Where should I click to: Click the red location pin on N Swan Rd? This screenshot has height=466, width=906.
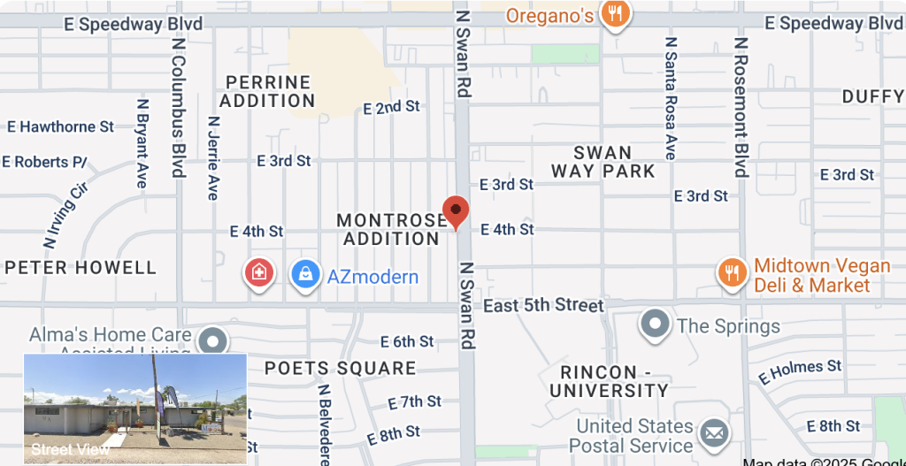point(456,211)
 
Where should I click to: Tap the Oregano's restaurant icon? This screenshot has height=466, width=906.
point(614,13)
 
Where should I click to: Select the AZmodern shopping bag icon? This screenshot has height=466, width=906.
point(305,274)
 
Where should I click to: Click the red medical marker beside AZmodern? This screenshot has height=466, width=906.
point(259,272)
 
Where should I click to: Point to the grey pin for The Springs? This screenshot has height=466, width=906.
point(655,325)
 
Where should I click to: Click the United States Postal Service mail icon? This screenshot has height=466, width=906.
point(713,433)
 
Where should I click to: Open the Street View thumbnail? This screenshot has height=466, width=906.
point(134,407)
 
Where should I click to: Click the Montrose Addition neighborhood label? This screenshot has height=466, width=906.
point(392,229)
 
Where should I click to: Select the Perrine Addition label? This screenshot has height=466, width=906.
point(267,91)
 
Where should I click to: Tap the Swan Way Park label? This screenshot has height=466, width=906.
point(603,162)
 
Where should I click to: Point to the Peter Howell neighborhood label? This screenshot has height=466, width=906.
point(81,267)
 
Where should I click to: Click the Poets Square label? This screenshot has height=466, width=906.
point(340,368)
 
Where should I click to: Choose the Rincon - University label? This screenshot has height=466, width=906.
point(610,381)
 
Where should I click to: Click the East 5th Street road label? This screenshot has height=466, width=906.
point(543,305)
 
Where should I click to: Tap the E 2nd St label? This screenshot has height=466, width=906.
point(392,108)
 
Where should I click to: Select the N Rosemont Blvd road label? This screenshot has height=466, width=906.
point(741,106)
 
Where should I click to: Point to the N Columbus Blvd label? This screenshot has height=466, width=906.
point(179,106)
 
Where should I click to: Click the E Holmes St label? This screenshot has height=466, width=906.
point(801,371)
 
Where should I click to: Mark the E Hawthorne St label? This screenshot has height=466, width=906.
point(61,126)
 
